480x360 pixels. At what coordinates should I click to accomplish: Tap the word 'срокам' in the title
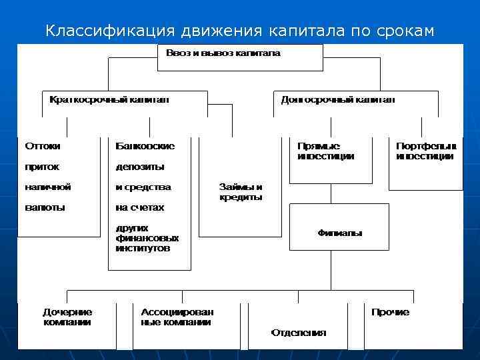(x=401, y=31)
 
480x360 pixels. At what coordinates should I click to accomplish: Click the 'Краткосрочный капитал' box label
(x=109, y=99)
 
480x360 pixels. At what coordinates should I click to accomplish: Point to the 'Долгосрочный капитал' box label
(x=337, y=99)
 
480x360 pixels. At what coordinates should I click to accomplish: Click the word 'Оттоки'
(x=42, y=145)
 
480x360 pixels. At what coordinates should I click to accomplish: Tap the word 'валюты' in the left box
(x=45, y=207)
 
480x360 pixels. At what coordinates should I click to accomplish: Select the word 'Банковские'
(x=145, y=145)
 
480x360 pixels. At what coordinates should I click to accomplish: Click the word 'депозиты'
(x=140, y=166)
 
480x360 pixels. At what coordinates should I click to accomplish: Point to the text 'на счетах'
(x=140, y=207)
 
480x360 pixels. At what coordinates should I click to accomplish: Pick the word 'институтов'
(x=143, y=247)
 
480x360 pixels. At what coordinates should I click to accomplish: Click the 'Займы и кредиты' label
(x=241, y=192)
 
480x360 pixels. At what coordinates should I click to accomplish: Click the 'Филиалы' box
(x=339, y=233)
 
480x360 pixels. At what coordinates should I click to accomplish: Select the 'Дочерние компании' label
(x=67, y=317)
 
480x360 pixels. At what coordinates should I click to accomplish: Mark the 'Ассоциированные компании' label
(x=177, y=317)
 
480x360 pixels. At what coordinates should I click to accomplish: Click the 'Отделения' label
(x=298, y=333)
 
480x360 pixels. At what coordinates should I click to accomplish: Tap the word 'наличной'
(x=47, y=187)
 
